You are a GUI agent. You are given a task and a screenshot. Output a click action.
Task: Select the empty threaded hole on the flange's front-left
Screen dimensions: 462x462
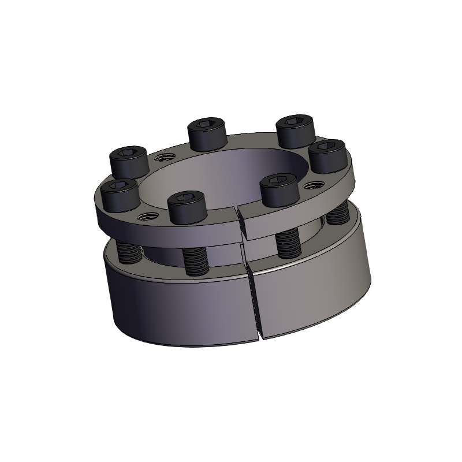pyautogui.click(x=146, y=216)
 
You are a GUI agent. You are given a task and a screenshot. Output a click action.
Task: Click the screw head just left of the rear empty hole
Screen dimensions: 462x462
pyautogui.click(x=129, y=162)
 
